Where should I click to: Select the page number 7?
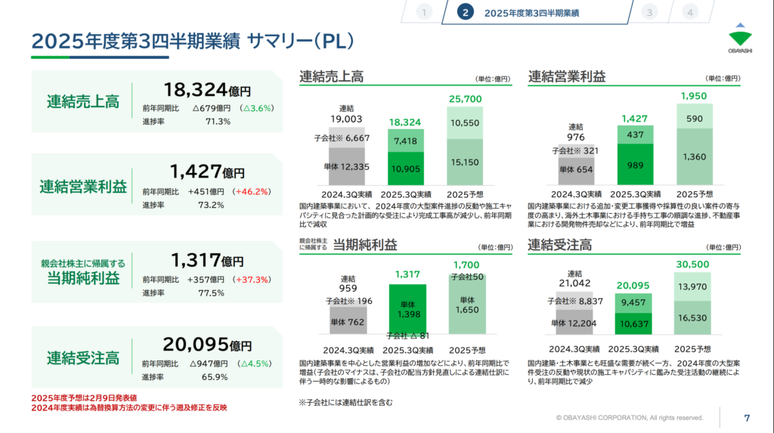pos(747,418)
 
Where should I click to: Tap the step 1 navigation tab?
pos(424,12)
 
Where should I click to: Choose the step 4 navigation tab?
pos(689,12)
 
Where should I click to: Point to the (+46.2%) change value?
pos(253,191)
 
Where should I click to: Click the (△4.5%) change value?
pos(255,363)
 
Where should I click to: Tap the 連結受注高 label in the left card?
pos(82,355)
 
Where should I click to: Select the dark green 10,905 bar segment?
pos(407,168)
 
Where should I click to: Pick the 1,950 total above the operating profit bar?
pos(694,97)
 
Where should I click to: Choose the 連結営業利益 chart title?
pos(567,76)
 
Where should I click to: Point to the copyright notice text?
pos(630,417)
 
